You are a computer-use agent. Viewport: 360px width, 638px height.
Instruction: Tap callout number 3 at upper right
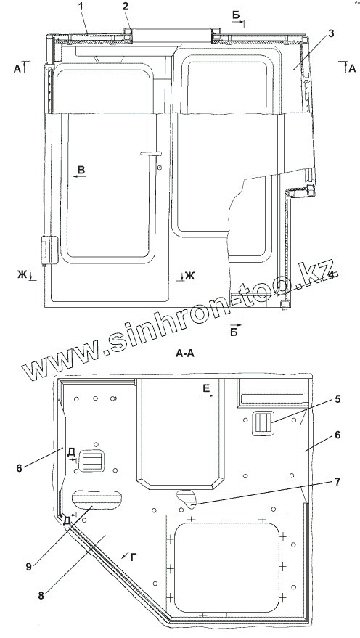[x=331, y=34]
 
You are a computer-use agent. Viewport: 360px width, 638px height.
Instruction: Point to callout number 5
[x=337, y=399]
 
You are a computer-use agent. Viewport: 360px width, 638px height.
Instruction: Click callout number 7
[x=337, y=482]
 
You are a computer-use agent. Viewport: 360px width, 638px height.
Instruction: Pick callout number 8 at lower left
[x=41, y=596]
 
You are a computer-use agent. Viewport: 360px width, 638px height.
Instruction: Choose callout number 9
[x=29, y=567]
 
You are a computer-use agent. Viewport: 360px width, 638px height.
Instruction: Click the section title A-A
[x=185, y=354]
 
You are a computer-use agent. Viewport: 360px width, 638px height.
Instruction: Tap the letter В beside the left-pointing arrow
[x=81, y=170]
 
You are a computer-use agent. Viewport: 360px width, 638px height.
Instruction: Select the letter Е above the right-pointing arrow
[x=206, y=389]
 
